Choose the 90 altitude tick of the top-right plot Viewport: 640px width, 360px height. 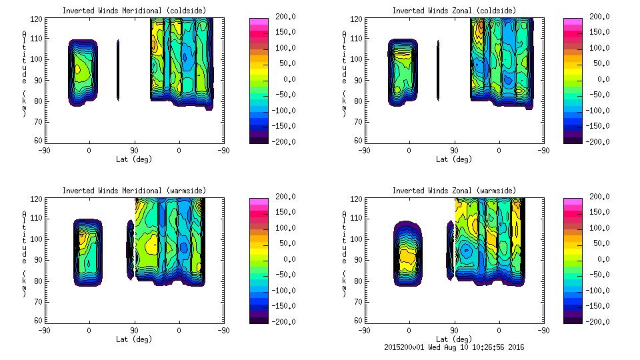coord(359,80)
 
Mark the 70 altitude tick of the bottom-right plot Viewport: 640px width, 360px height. coord(359,302)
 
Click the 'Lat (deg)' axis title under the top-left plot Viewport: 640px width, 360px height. coord(134,159)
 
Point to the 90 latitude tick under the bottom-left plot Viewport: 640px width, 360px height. coord(134,329)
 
